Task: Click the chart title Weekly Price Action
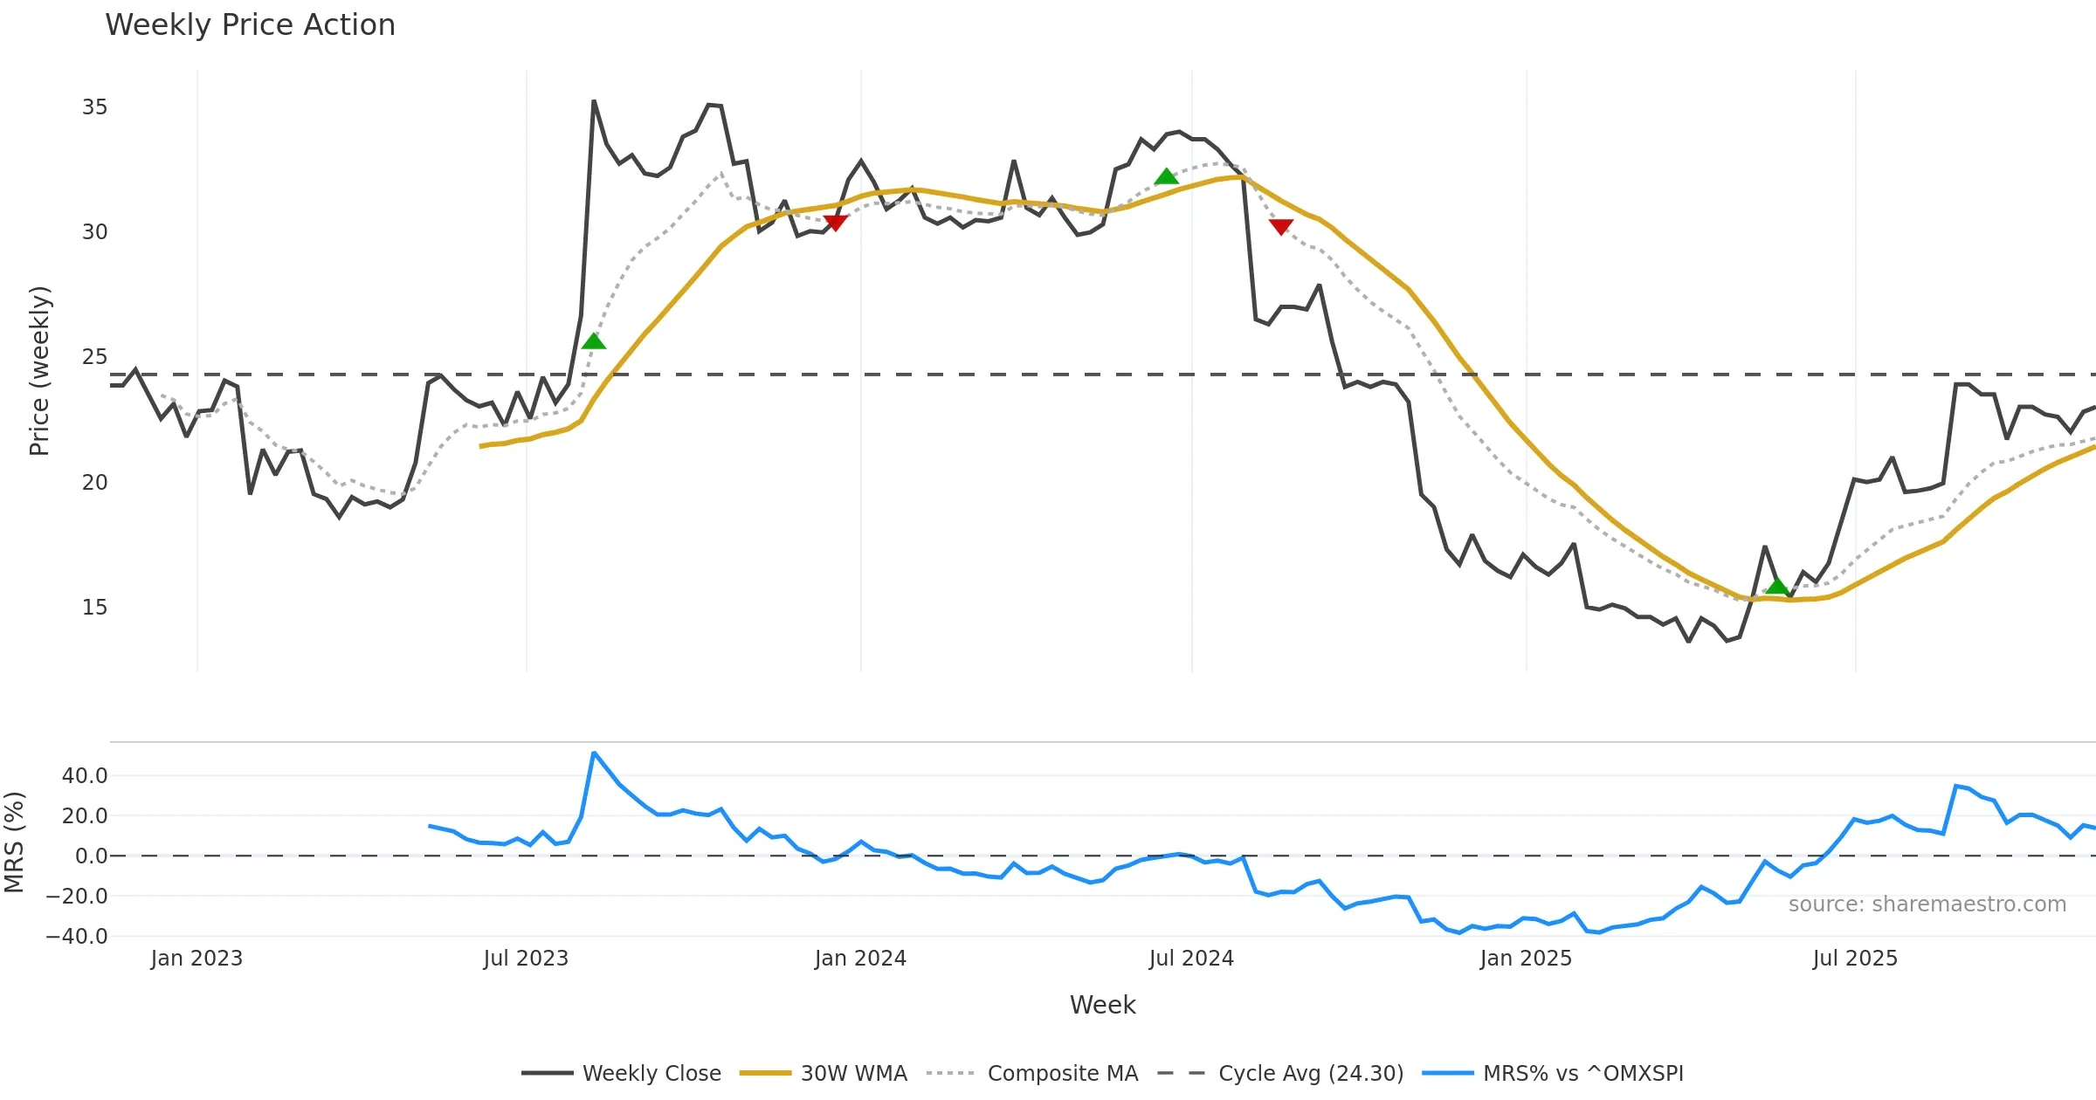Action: (250, 25)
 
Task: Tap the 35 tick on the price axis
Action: (94, 107)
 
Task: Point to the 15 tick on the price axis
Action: (94, 608)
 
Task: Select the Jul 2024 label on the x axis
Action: (1191, 959)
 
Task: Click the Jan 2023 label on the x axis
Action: (196, 959)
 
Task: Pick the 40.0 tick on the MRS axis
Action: (85, 775)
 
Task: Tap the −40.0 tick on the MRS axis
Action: (77, 937)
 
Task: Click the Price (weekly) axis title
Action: (40, 371)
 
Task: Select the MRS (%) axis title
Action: (14, 842)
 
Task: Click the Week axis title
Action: (1102, 1005)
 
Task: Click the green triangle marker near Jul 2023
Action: (594, 341)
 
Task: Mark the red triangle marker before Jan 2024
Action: (835, 223)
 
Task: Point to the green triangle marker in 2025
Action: (1777, 586)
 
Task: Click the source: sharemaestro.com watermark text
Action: (1927, 904)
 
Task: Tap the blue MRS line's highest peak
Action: (594, 753)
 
